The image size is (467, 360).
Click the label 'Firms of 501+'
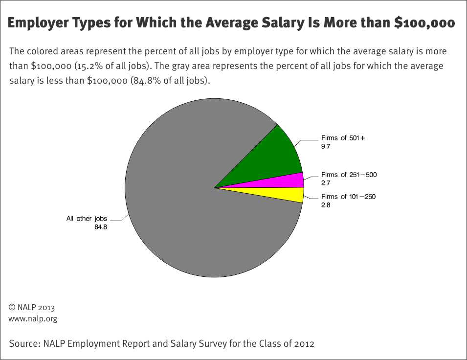click(x=343, y=138)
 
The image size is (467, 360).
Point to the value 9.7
click(x=326, y=146)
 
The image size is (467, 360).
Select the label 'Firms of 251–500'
click(x=349, y=175)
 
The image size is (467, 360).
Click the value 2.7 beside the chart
click(x=326, y=182)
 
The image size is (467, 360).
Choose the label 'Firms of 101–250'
click(x=348, y=197)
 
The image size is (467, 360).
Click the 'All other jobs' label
click(x=87, y=219)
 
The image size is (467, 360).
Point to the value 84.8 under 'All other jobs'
click(x=101, y=226)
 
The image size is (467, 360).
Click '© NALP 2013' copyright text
click(x=32, y=308)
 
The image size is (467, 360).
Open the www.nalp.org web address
click(x=33, y=319)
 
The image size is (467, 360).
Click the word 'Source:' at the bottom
click(x=24, y=343)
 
